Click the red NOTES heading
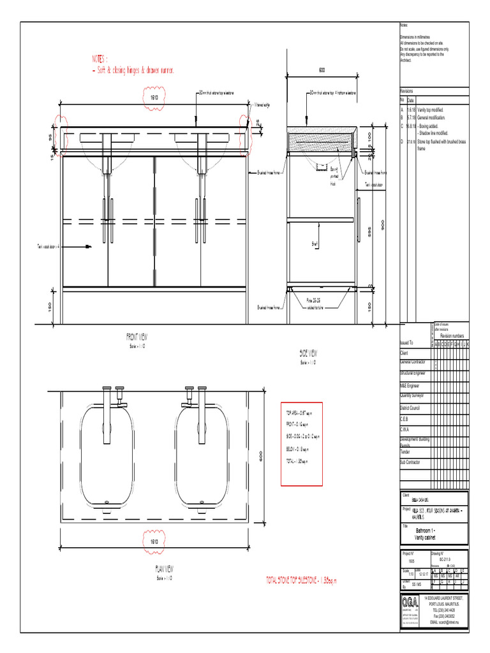pyautogui.click(x=100, y=59)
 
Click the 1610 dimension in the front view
pyautogui.click(x=154, y=97)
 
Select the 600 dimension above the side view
pyautogui.click(x=322, y=70)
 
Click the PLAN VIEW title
pyautogui.click(x=165, y=569)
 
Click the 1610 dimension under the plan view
pyautogui.click(x=154, y=541)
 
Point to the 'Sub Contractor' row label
pyautogui.click(x=413, y=461)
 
